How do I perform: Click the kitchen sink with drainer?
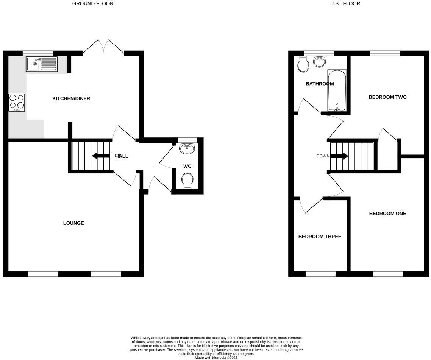42,64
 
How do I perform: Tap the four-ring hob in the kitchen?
17,102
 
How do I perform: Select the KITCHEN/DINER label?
71,98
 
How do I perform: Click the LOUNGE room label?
73,223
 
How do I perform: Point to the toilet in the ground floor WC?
187,181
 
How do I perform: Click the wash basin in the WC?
187,149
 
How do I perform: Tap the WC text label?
187,166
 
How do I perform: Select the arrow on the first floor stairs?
340,156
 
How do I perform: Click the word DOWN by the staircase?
323,156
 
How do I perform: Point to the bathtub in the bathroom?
337,91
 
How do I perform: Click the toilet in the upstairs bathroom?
304,65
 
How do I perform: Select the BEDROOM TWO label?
387,97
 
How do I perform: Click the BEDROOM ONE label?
387,213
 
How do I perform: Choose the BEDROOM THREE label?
320,237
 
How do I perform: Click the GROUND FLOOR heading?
93,3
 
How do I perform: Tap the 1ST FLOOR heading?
346,3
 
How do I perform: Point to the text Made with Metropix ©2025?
216,357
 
